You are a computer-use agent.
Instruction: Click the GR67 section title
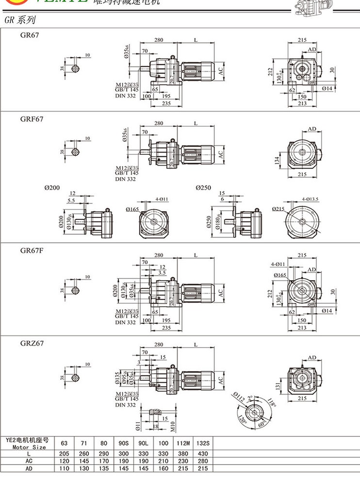click(30, 35)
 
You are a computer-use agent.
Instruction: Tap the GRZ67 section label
click(32, 343)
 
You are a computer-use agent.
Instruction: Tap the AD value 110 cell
click(65, 468)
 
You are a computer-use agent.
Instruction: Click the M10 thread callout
click(173, 425)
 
